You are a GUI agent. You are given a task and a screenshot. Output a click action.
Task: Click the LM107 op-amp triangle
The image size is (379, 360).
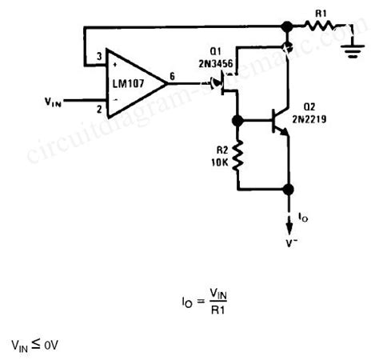(x=132, y=80)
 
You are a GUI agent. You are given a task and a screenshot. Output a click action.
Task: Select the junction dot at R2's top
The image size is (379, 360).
(x=237, y=122)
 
